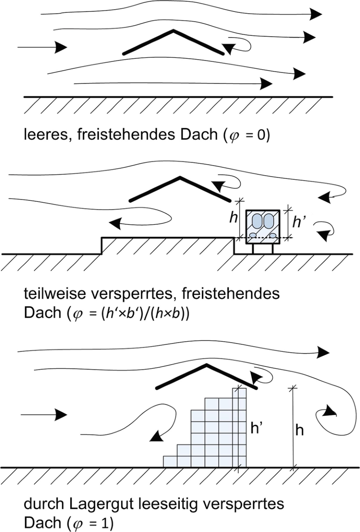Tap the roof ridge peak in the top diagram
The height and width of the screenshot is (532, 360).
[x=172, y=31]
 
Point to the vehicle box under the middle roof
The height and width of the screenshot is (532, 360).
[x=263, y=225]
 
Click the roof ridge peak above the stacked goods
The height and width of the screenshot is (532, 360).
[x=207, y=365]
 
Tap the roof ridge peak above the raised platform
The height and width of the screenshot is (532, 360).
[x=180, y=177]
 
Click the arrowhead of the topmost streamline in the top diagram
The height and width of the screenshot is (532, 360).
[x=316, y=14]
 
